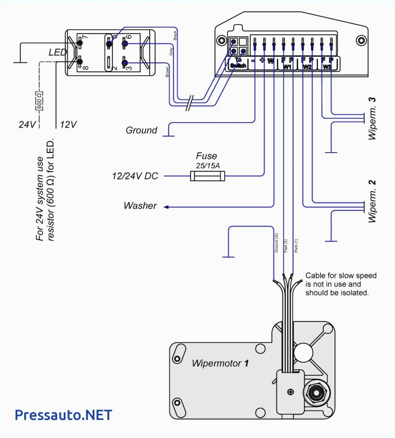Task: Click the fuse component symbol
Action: click(207, 176)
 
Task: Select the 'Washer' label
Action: click(140, 206)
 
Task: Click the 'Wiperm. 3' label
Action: click(372, 119)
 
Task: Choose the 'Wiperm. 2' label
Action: click(372, 202)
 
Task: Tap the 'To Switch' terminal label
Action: click(238, 63)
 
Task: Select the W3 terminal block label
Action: click(327, 66)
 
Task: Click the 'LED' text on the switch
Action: click(58, 53)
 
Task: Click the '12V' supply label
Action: click(68, 124)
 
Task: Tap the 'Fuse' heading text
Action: click(206, 156)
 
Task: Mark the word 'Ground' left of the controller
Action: click(141, 130)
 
